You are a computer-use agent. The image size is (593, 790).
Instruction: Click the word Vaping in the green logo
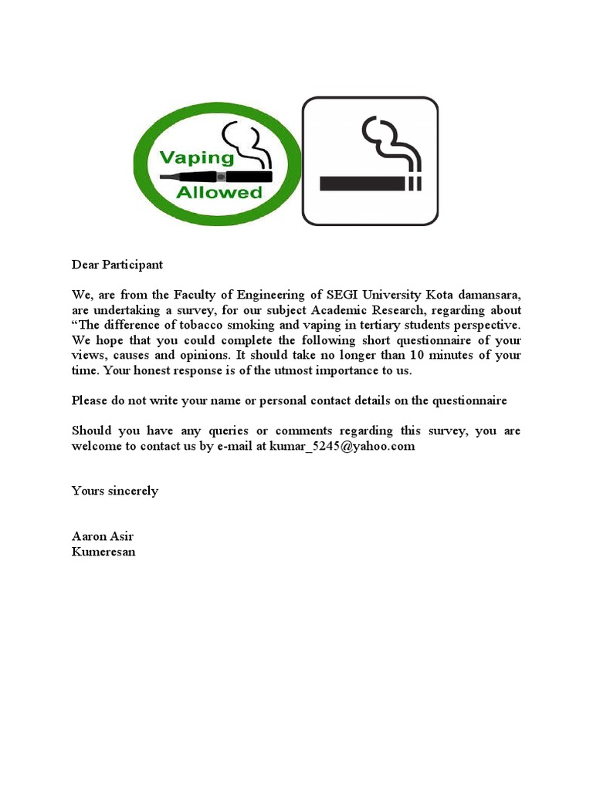point(196,158)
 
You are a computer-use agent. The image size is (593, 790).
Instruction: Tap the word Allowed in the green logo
point(219,193)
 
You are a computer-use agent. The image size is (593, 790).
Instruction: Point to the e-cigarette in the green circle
point(216,176)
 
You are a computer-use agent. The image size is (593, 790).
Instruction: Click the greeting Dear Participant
point(117,265)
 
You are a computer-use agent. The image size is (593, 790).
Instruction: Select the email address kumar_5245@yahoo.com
point(342,446)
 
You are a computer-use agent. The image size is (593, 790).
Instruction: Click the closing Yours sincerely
point(115,491)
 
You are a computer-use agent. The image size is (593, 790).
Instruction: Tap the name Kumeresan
point(103,552)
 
